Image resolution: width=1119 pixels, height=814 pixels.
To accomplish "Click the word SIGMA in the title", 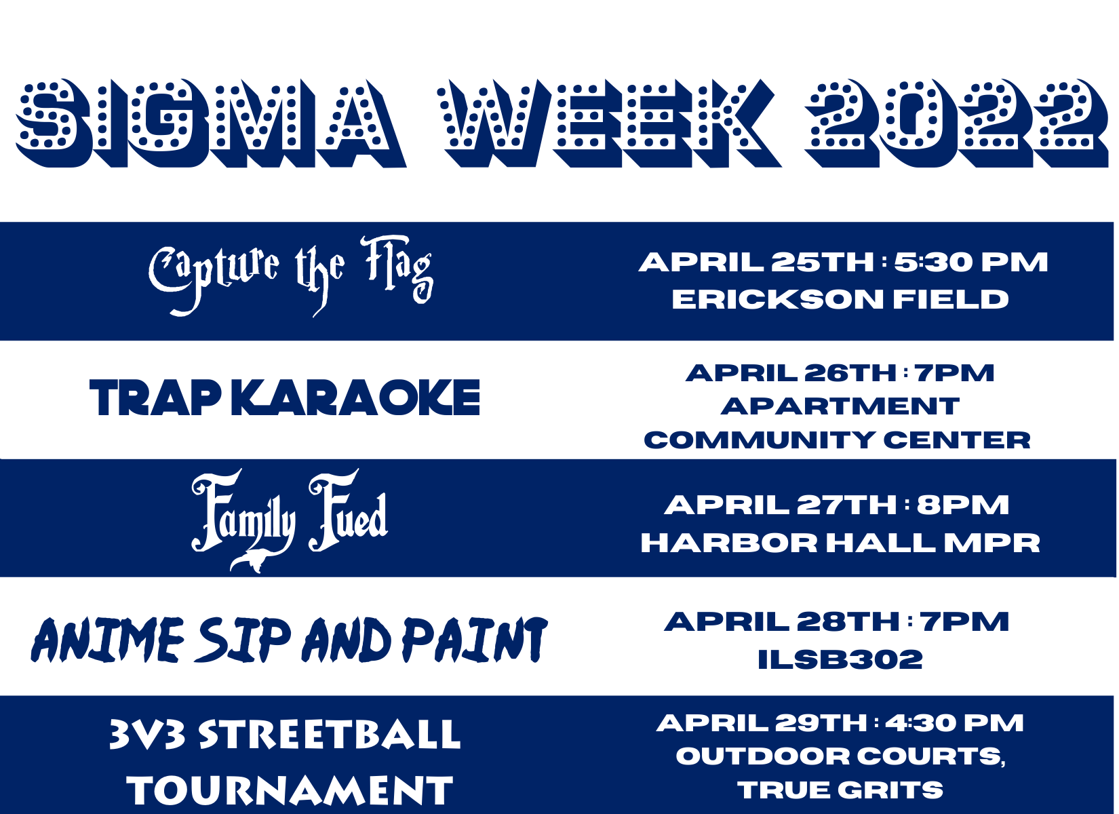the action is click(x=212, y=123).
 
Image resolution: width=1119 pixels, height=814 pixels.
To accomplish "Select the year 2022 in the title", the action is click(x=956, y=123).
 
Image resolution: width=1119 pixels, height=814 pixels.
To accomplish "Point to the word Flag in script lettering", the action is click(x=397, y=270).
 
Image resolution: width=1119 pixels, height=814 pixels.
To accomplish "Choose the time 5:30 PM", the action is click(x=970, y=263).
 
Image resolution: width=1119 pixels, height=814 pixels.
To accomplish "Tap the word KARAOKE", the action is click(x=356, y=398).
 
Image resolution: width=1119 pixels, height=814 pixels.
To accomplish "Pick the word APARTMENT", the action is click(x=840, y=406).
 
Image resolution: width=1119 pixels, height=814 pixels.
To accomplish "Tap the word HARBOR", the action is click(x=729, y=543).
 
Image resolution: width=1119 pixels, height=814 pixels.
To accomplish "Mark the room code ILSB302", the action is click(x=840, y=659).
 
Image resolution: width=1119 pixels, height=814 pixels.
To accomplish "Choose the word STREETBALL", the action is click(x=330, y=735).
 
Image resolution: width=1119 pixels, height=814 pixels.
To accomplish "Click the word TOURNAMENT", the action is click(x=290, y=790).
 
